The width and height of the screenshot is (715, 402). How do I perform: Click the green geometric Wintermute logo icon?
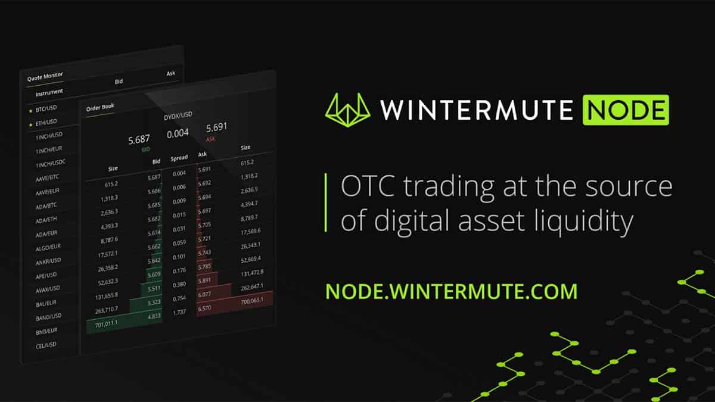click(347, 110)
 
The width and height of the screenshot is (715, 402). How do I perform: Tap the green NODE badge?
click(626, 110)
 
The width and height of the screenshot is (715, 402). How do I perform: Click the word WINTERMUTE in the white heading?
click(476, 110)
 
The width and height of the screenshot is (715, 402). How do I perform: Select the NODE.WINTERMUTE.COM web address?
click(452, 291)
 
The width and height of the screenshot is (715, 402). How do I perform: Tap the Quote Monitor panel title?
click(45, 77)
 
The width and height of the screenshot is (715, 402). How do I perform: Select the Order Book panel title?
click(100, 108)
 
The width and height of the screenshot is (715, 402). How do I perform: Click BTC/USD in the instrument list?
click(46, 109)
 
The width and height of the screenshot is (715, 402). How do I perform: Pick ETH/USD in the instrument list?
click(46, 123)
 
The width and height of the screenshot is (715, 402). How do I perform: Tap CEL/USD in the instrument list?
click(46, 345)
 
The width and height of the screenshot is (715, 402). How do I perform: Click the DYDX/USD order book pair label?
click(178, 116)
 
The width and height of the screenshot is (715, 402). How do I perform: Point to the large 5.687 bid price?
click(139, 140)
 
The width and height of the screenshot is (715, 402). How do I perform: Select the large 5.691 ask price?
click(216, 127)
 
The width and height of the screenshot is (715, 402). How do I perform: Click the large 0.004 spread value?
click(178, 133)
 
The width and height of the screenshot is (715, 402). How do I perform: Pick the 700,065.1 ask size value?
click(252, 301)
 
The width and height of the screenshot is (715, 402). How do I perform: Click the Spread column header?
click(179, 158)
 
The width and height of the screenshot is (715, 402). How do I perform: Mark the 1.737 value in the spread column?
click(179, 312)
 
